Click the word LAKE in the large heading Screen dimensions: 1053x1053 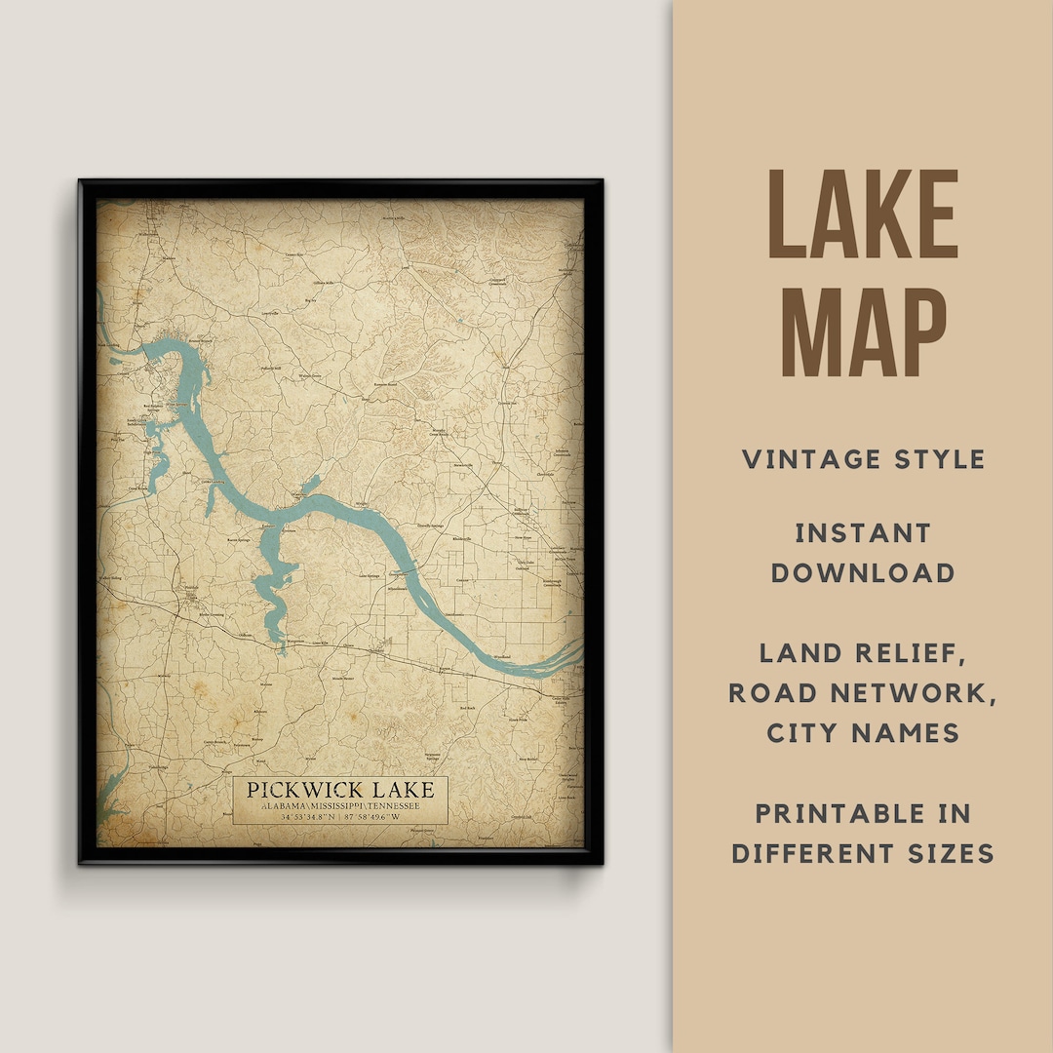tap(863, 216)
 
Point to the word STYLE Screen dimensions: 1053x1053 tap(946, 459)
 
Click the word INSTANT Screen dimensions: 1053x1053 tap(863, 533)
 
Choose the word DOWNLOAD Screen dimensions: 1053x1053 tap(863, 572)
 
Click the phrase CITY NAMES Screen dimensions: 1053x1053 tap(863, 732)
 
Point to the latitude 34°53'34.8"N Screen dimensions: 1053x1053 tap(307, 818)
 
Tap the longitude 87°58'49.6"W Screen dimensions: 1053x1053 tap(374, 818)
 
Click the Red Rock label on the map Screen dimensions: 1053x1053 tap(467, 709)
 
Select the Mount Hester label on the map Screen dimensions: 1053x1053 tap(342, 678)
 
